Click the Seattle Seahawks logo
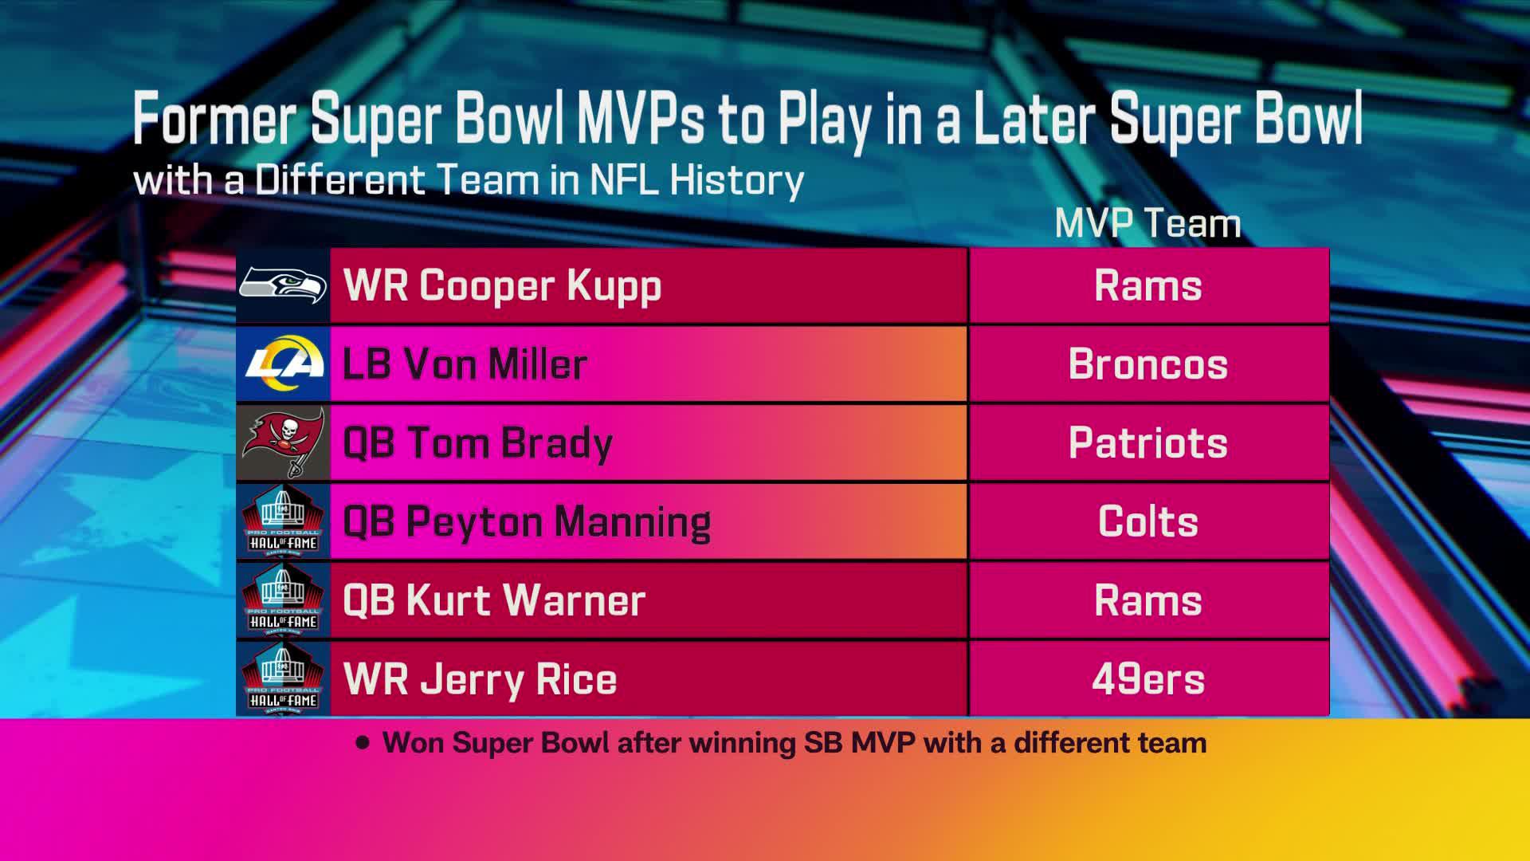[283, 285]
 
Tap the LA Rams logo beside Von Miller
[283, 364]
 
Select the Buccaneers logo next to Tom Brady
[283, 442]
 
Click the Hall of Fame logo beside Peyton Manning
[283, 521]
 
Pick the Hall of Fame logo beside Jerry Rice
[283, 678]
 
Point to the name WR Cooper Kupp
[502, 285]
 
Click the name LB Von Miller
[465, 364]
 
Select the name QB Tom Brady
[477, 442]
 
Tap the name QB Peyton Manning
[527, 521]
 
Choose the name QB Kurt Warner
[494, 600]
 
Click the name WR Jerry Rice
[480, 678]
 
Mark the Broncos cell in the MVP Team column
[1147, 364]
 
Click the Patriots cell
[1147, 442]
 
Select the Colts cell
[1147, 521]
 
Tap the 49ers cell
[1147, 678]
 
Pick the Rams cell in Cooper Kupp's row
[1147, 285]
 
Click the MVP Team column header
[1147, 223]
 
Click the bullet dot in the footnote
[364, 743]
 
